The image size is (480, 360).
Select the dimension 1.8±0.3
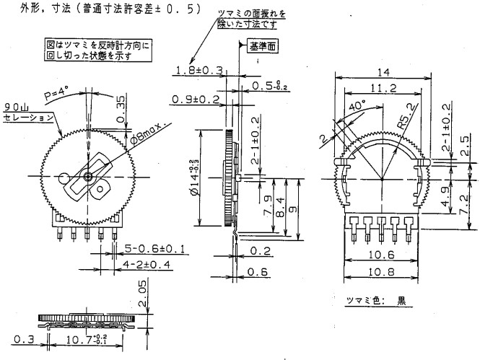coord(197,69)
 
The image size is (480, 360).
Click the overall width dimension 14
coord(382,72)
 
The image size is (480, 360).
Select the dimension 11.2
coord(383,89)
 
